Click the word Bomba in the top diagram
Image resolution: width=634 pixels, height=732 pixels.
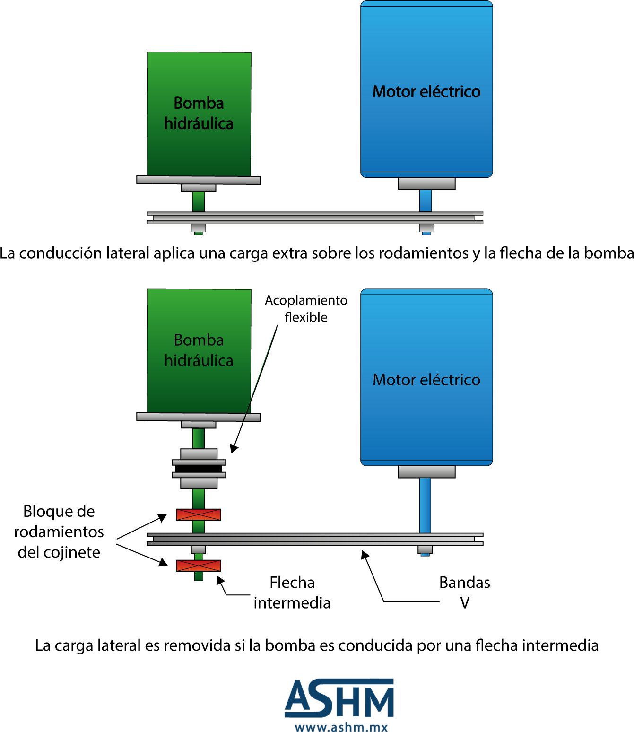click(x=199, y=103)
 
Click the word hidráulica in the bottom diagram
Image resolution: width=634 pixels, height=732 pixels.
click(x=199, y=361)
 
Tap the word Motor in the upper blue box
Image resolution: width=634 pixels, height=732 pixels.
click(x=394, y=92)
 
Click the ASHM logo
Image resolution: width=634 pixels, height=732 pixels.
click(x=339, y=698)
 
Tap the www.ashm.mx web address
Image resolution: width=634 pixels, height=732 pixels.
click(x=341, y=727)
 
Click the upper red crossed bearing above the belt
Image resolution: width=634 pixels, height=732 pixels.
click(x=199, y=515)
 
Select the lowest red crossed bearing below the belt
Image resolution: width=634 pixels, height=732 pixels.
click(x=199, y=566)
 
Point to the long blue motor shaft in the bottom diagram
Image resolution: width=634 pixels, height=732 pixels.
click(x=425, y=505)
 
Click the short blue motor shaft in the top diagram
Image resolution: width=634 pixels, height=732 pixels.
click(x=426, y=200)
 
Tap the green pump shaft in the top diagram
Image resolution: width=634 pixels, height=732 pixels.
click(x=199, y=201)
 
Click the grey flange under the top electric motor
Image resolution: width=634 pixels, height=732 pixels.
click(x=426, y=183)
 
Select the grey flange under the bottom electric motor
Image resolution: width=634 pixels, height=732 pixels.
click(x=426, y=471)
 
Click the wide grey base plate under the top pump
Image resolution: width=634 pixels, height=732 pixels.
click(x=199, y=180)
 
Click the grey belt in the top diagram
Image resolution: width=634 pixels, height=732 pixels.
click(x=314, y=218)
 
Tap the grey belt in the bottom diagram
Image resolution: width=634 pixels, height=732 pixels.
click(x=314, y=539)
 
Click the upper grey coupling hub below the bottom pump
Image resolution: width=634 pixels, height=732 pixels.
click(x=199, y=454)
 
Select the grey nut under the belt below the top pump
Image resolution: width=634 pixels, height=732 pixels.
click(x=199, y=228)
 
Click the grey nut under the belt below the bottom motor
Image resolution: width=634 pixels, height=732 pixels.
click(x=425, y=549)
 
